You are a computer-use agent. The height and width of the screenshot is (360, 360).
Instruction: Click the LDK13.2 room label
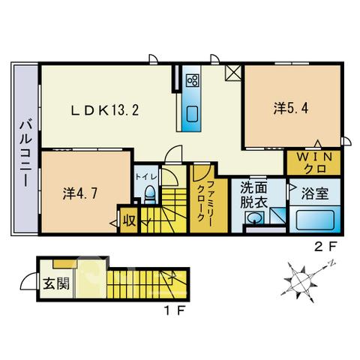[105, 110]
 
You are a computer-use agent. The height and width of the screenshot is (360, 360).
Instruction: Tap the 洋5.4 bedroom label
[291, 108]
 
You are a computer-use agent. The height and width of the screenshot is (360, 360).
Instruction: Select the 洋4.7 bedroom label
[80, 193]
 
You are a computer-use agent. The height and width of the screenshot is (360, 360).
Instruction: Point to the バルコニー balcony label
[26, 154]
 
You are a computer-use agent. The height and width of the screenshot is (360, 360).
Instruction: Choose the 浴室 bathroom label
[315, 193]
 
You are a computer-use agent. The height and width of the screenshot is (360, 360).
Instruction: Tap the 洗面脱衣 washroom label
[254, 195]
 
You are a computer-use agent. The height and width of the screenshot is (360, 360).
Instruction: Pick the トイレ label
[146, 177]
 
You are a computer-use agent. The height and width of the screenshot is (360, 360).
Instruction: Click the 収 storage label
[130, 220]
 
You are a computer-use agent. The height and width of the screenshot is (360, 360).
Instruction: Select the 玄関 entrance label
[56, 283]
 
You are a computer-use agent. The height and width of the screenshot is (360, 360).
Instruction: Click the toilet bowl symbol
[150, 194]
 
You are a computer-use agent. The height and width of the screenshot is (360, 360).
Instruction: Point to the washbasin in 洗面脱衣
[254, 217]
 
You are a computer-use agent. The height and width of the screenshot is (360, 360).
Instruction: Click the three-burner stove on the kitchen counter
[193, 80]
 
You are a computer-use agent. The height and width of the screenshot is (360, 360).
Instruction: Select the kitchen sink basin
[192, 114]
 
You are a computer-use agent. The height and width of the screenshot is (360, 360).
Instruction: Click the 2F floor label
[325, 247]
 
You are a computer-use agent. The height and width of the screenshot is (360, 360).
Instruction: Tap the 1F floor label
[174, 310]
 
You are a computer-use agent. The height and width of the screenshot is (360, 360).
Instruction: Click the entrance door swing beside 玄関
[28, 280]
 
